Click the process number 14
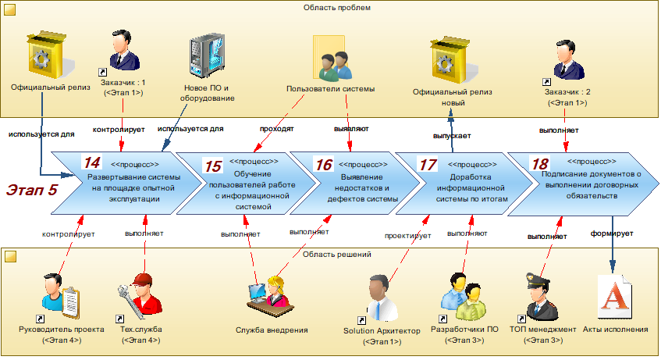coord(92,162)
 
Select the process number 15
coord(212,166)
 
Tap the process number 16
coord(323,165)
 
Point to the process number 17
coord(428,165)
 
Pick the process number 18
coord(539,163)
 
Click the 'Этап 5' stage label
coord(31,189)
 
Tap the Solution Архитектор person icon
coord(382,298)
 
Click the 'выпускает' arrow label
coord(451,136)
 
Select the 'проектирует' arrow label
coord(404,233)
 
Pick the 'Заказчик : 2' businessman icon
coord(567,60)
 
